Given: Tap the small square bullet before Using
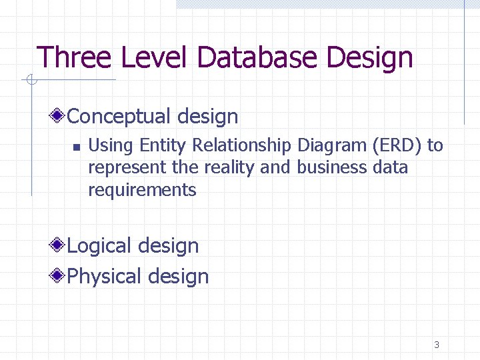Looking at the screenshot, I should pos(77,146).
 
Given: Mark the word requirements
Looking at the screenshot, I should pos(142,191).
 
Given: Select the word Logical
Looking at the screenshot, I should pos(104,247).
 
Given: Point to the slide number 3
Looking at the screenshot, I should pos(437,345).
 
